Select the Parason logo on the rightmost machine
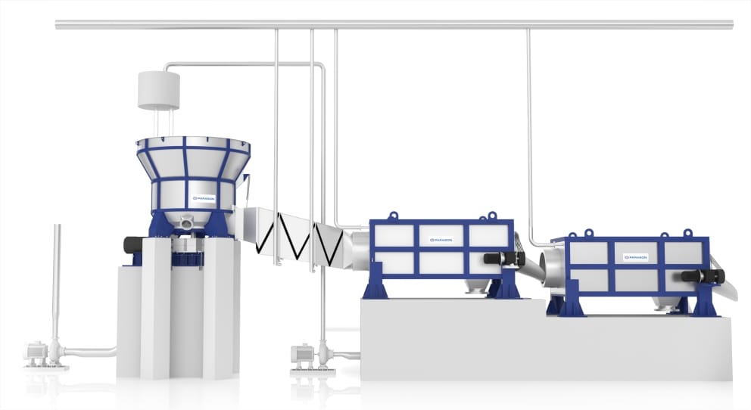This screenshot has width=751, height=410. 634,257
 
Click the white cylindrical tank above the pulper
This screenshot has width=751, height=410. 158,90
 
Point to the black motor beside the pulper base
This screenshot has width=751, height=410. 136,245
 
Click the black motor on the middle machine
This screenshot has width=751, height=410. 502,259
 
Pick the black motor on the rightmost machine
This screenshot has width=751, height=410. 700,276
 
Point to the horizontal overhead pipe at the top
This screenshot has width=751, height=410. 394,25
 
